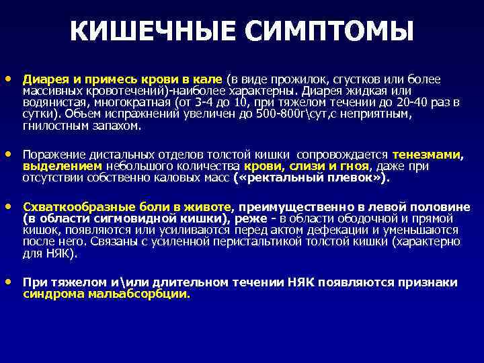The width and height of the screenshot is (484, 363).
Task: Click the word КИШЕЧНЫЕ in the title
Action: click(153, 31)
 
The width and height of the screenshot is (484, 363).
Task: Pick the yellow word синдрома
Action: click(49, 294)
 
